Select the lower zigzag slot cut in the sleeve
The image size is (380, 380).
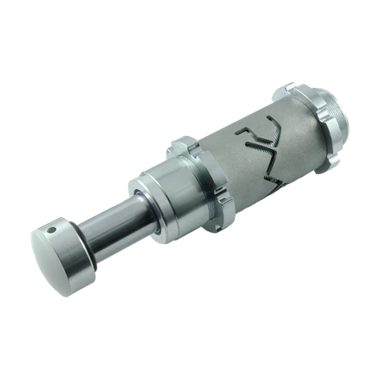(283, 165)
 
